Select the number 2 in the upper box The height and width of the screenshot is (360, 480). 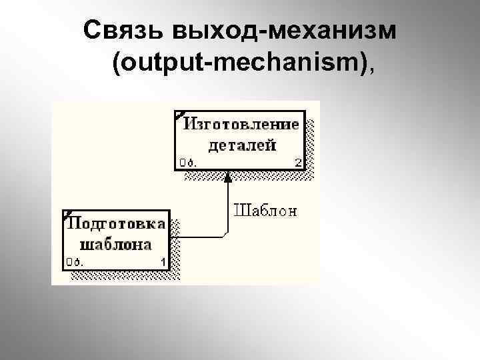(x=298, y=162)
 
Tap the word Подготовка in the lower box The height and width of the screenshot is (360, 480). (x=117, y=223)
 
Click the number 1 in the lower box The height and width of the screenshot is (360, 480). (x=163, y=261)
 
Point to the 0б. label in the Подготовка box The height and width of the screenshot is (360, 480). (x=73, y=261)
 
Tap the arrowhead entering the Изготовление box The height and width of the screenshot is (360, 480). (x=227, y=176)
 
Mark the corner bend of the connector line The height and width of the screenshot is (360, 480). (x=227, y=234)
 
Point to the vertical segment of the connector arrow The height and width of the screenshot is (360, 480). (x=227, y=207)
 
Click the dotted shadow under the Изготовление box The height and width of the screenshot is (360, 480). (x=243, y=173)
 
